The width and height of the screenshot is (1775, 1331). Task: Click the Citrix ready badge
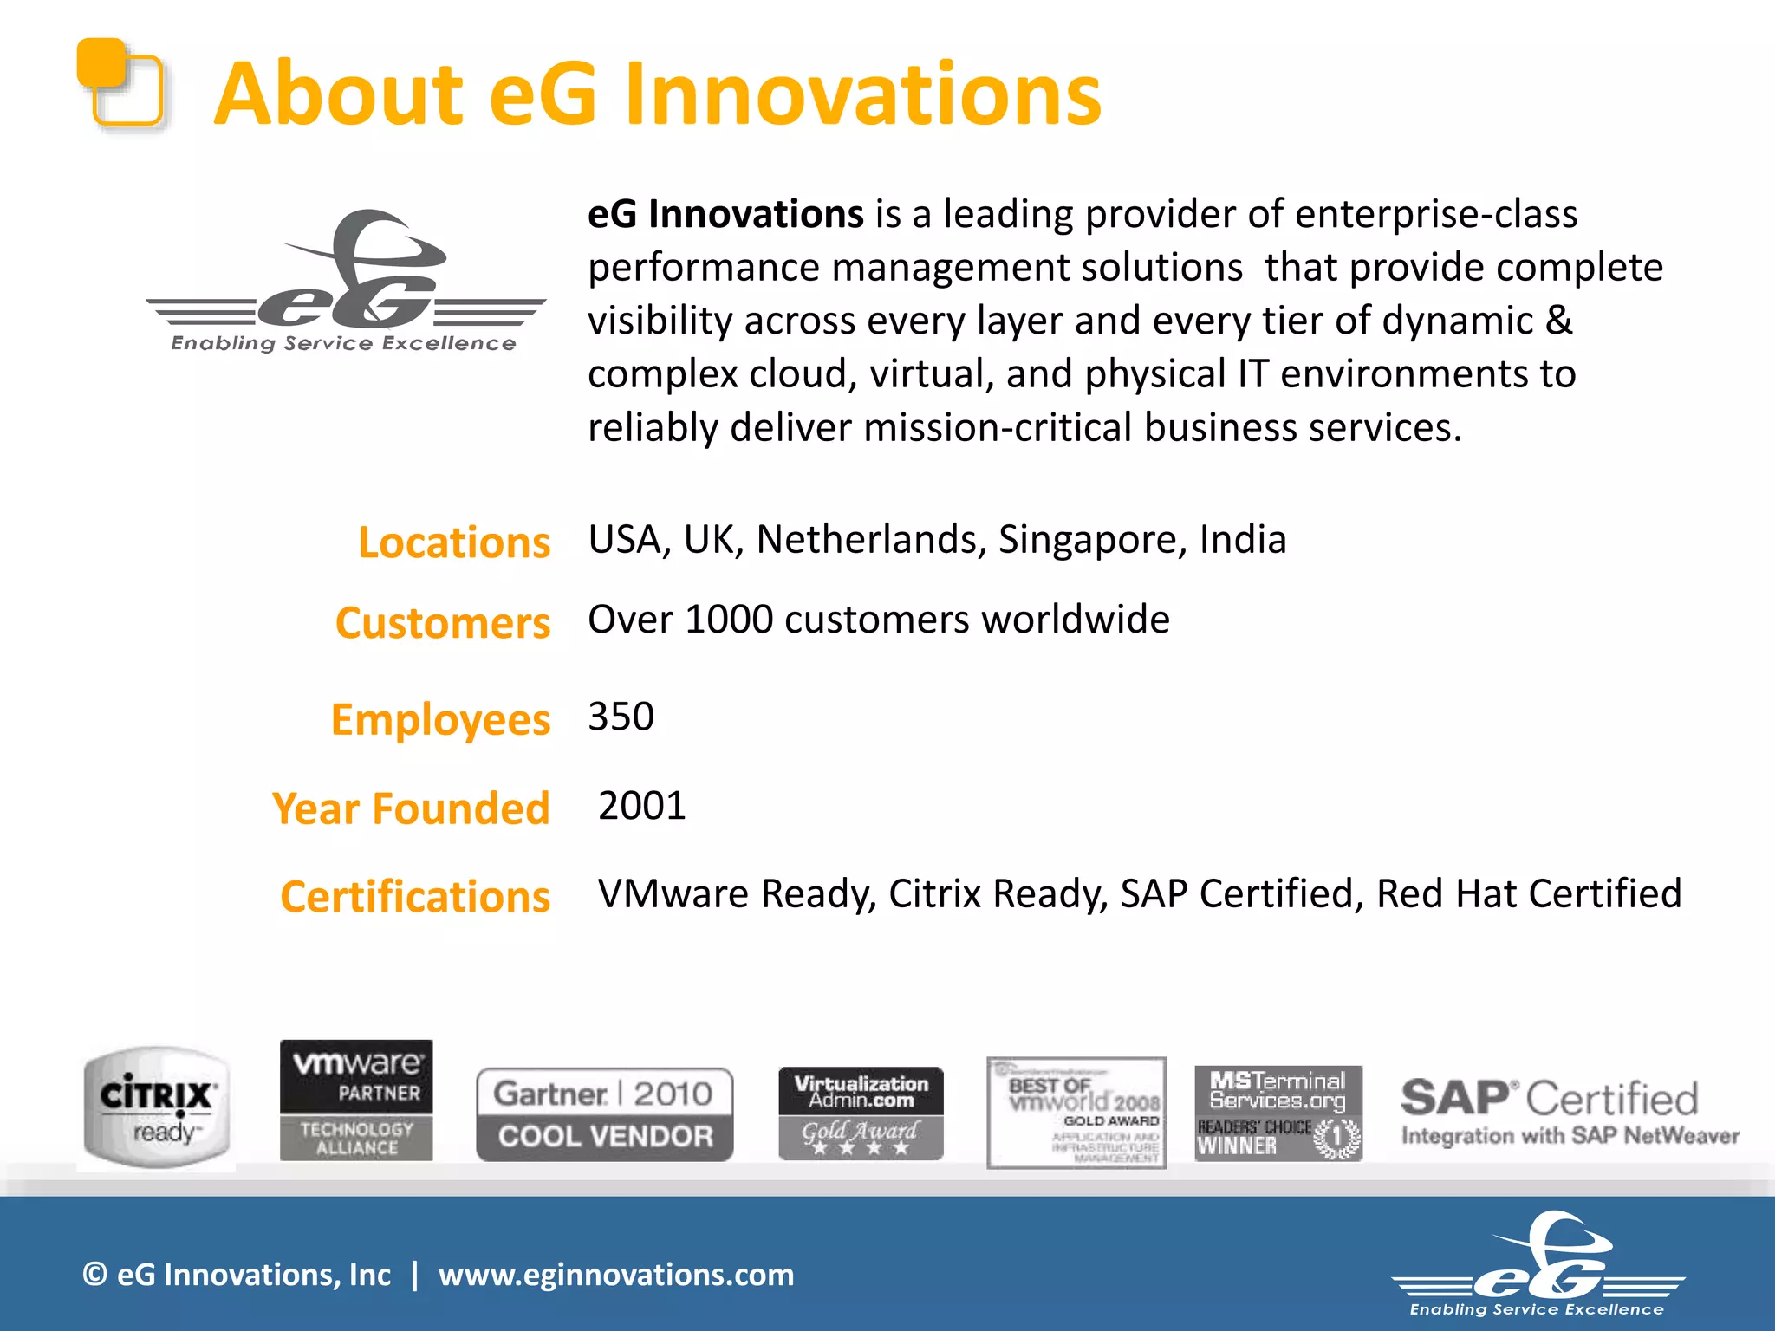[157, 1107]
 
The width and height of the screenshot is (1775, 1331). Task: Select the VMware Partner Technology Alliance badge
[356, 1101]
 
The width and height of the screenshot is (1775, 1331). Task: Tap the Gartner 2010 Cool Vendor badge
[605, 1114]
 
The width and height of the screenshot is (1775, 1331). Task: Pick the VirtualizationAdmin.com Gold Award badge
[861, 1113]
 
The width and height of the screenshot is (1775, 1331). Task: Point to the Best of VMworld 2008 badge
[1076, 1113]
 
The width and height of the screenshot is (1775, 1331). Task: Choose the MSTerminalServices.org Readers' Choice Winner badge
[1278, 1113]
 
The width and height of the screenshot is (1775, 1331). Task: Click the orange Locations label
[454, 543]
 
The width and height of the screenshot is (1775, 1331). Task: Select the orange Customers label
[442, 623]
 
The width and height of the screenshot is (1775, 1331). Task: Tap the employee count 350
[621, 717]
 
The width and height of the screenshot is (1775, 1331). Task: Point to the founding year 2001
[641, 806]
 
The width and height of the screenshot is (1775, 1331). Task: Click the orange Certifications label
[415, 896]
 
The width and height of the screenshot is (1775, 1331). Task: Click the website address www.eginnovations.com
[615, 1275]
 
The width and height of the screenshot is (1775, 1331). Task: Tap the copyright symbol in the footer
[94, 1275]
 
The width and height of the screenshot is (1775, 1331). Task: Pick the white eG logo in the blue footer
[1538, 1265]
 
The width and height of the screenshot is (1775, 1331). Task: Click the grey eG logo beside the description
[347, 282]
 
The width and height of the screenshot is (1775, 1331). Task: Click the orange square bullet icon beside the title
[120, 83]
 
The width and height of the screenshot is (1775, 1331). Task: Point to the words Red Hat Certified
[1529, 893]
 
